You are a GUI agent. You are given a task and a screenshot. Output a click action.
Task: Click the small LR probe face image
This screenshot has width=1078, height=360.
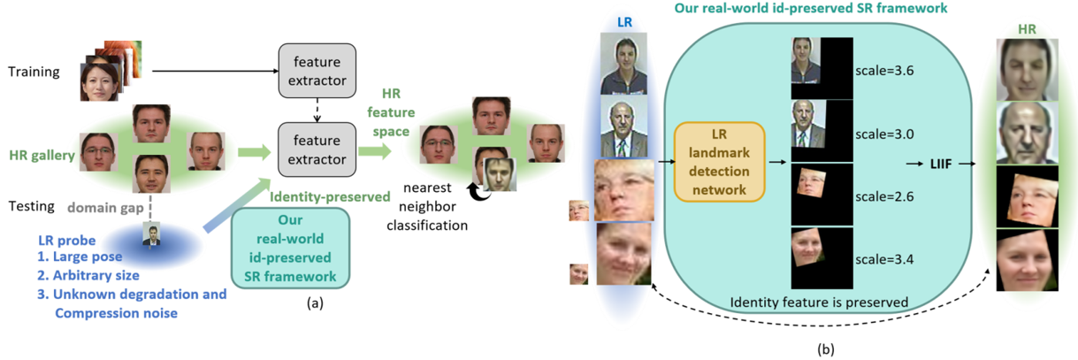tap(151, 236)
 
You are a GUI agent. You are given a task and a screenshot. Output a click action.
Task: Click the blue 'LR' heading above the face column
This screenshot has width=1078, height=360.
tap(624, 22)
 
